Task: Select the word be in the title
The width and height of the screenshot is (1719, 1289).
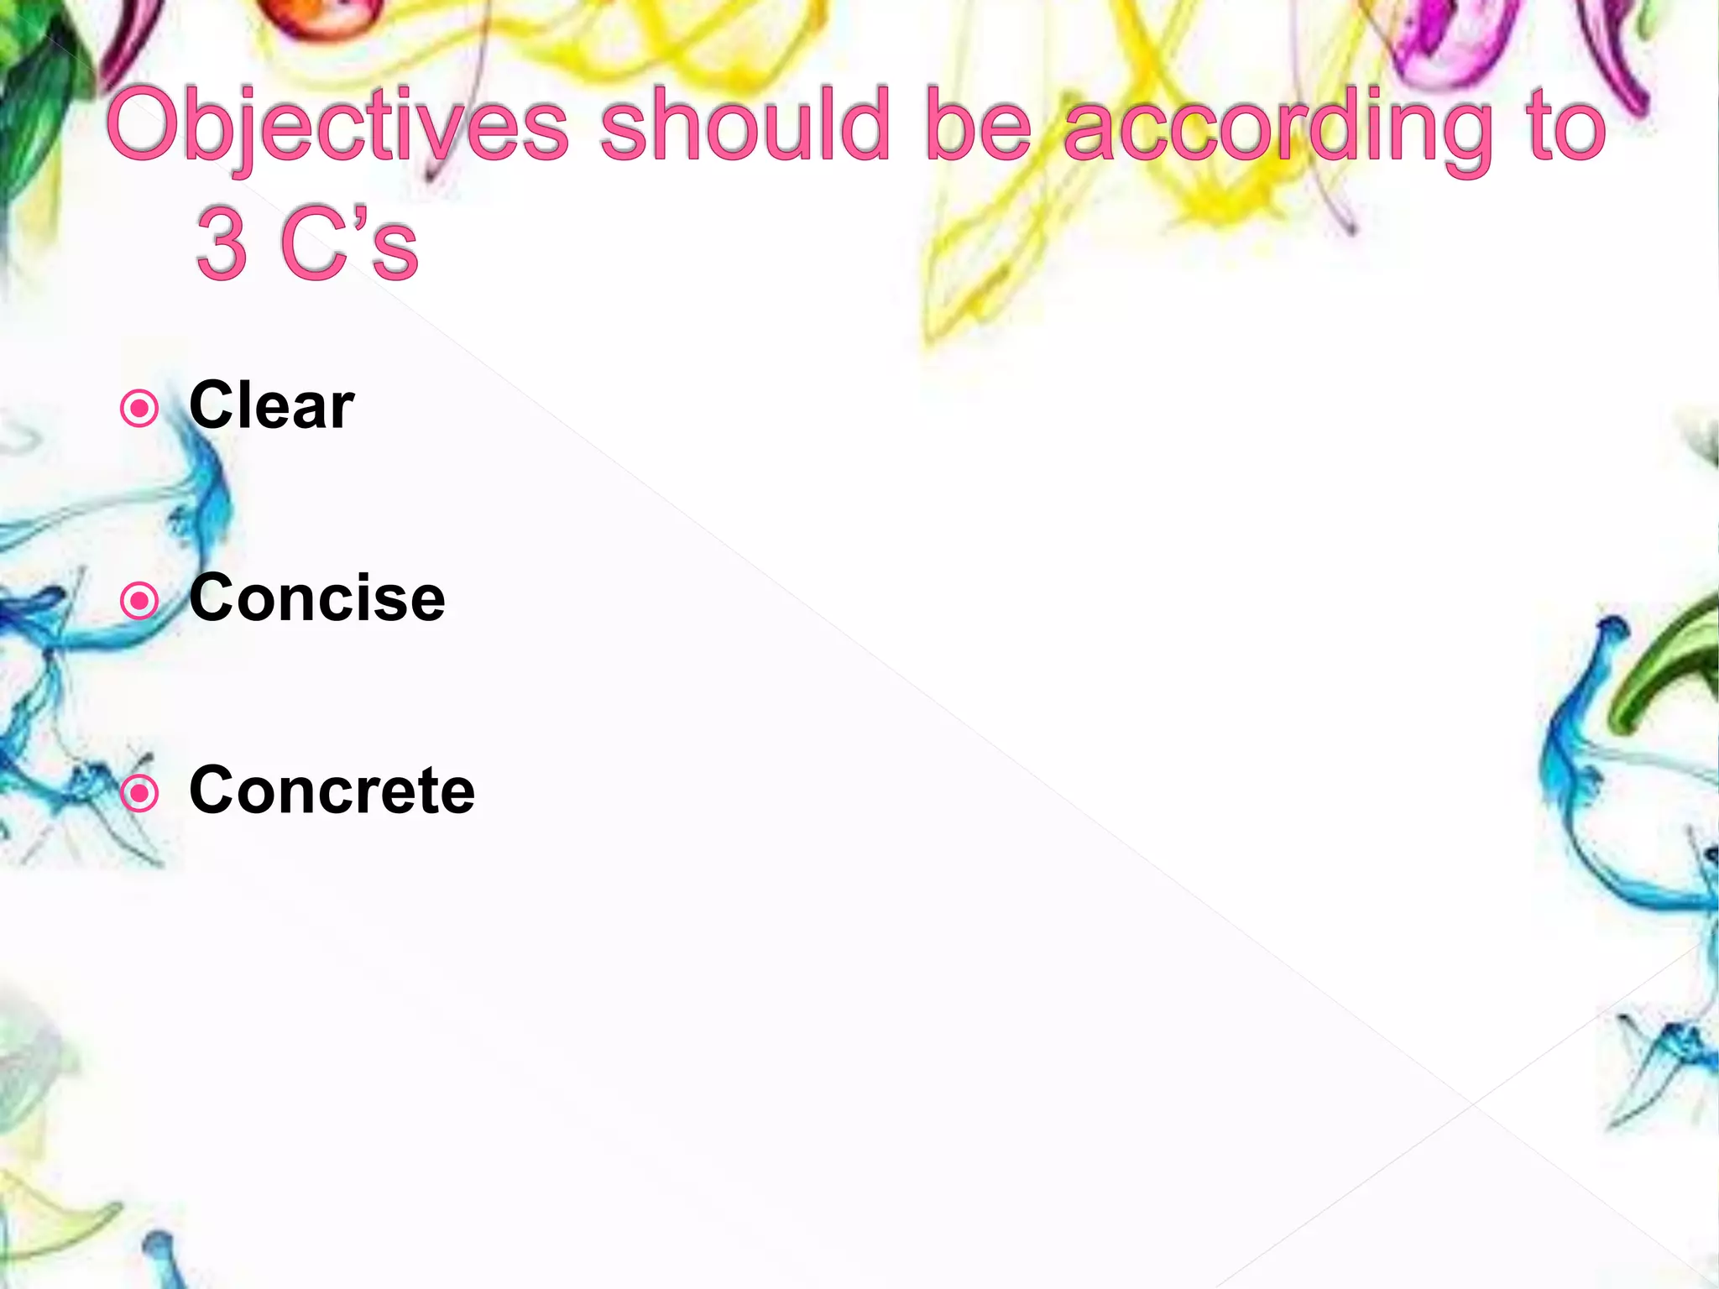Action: point(977,126)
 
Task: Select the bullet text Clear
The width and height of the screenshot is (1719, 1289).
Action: point(271,405)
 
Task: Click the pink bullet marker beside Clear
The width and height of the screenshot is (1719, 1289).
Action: point(139,409)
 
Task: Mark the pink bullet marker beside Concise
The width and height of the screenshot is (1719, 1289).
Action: point(139,601)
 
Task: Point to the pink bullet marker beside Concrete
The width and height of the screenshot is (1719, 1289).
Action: point(139,793)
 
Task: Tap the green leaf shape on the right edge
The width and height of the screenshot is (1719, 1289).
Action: point(1666,663)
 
